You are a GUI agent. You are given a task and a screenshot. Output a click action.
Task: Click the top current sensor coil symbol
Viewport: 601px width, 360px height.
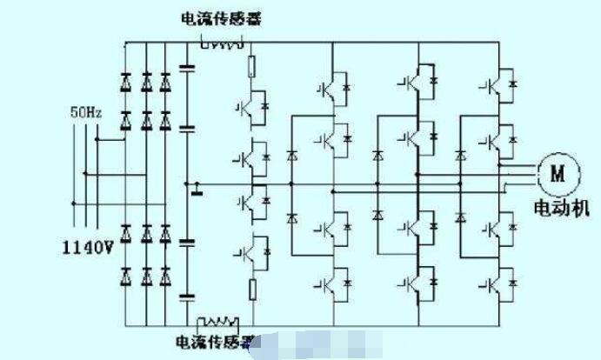click(x=220, y=43)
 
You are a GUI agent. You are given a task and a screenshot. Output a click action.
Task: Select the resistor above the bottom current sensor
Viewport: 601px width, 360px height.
click(x=252, y=290)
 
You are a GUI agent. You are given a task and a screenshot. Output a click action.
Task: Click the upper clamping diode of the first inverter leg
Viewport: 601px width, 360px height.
click(x=290, y=157)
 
